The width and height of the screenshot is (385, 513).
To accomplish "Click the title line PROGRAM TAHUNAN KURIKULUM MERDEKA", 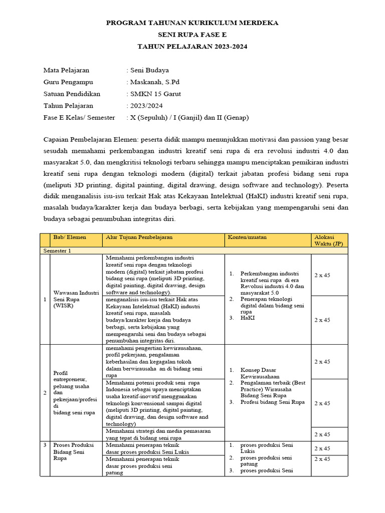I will point(192,23).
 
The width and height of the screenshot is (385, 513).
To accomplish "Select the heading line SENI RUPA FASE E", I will point(192,35).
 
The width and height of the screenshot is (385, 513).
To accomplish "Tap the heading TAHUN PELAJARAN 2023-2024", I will point(192,46).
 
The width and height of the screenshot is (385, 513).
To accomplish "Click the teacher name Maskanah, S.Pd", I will point(154,82).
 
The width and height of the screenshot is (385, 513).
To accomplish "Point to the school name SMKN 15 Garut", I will point(155,94).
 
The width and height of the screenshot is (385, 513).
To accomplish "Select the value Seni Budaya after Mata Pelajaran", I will point(149,70).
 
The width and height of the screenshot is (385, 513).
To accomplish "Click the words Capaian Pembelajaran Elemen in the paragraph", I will point(86,139).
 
